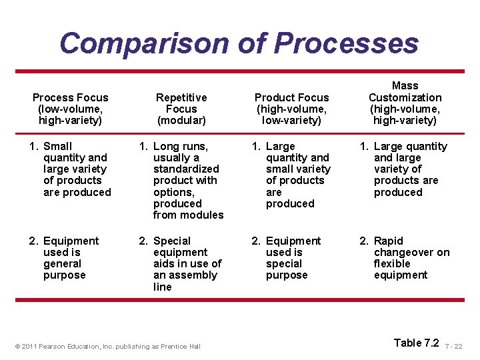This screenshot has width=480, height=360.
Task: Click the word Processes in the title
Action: [x=346, y=43]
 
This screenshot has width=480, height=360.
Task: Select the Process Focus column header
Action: [x=71, y=109]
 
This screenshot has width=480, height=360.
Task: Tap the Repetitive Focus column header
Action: [x=181, y=109]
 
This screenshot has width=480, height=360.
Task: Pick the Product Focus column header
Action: [x=292, y=109]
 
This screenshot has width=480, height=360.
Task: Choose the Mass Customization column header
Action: [x=405, y=103]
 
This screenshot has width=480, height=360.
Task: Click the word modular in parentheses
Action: [x=181, y=121]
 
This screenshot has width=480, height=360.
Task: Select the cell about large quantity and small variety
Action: [x=293, y=175]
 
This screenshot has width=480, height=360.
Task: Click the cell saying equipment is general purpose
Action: [x=69, y=258]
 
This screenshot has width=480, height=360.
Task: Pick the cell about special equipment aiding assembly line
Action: [x=183, y=263]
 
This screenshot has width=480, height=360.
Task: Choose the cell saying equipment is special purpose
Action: [x=290, y=258]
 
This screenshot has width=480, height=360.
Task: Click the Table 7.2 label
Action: [x=417, y=343]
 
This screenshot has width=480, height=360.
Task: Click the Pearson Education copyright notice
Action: [x=107, y=346]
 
